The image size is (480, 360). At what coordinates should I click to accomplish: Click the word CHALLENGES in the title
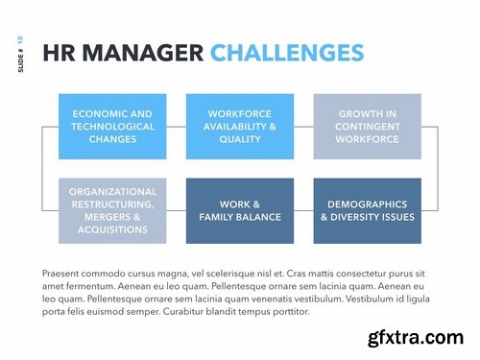[287, 52]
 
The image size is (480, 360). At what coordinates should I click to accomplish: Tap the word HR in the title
[61, 52]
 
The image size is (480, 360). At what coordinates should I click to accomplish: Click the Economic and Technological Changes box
[112, 126]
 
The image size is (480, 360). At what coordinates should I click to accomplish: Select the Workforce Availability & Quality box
[240, 126]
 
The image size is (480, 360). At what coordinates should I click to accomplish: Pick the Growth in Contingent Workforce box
[368, 126]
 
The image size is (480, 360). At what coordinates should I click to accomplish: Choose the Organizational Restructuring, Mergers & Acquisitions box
[112, 210]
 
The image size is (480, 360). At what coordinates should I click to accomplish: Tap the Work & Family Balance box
[240, 210]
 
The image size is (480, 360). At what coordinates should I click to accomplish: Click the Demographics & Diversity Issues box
[368, 210]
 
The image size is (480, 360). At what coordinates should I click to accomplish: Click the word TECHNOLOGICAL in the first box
[112, 126]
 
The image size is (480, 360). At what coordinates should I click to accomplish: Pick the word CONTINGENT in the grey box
[368, 126]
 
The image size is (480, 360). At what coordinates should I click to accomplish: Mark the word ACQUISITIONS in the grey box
[112, 228]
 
